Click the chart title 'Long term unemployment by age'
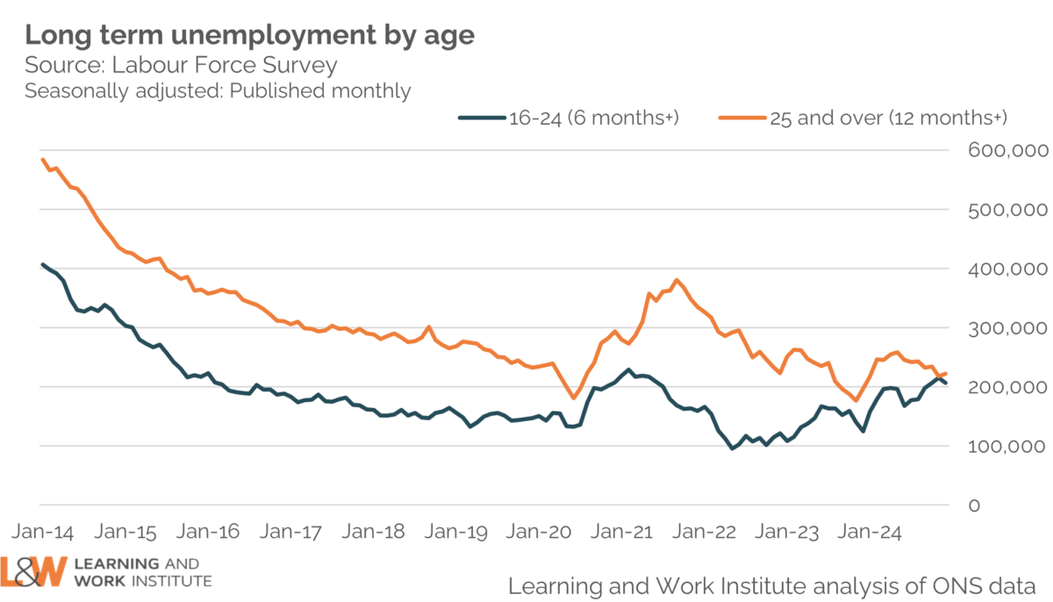[249, 35]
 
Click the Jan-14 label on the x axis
[42, 533]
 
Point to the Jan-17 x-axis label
[290, 533]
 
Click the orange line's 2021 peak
[677, 280]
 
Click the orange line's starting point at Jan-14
[42, 159]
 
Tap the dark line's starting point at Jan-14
[42, 264]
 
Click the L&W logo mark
[33, 571]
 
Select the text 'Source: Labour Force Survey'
[181, 66]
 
